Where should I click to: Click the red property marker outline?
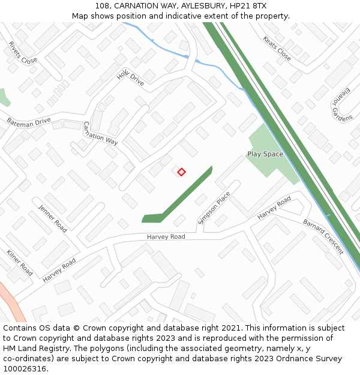[181, 172]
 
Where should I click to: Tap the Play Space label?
[265, 154]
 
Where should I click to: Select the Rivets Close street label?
[23, 52]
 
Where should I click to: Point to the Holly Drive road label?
[130, 77]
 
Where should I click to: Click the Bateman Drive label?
[29, 121]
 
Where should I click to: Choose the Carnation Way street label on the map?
[100, 133]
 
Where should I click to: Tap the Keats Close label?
[277, 48]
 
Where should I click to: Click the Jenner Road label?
[53, 218]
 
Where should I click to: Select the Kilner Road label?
[20, 262]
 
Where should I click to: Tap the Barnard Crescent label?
[323, 236]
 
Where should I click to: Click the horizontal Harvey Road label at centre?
[166, 237]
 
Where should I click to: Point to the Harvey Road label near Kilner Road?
[59, 270]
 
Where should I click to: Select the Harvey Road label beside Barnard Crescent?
[274, 208]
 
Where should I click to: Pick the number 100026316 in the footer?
[23, 369]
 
